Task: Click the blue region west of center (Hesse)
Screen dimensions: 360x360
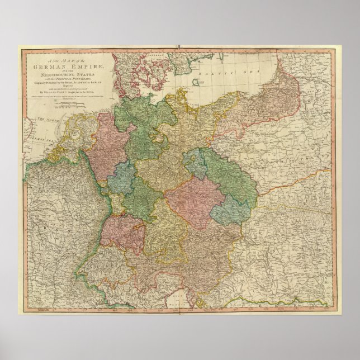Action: pyautogui.click(x=119, y=180)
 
